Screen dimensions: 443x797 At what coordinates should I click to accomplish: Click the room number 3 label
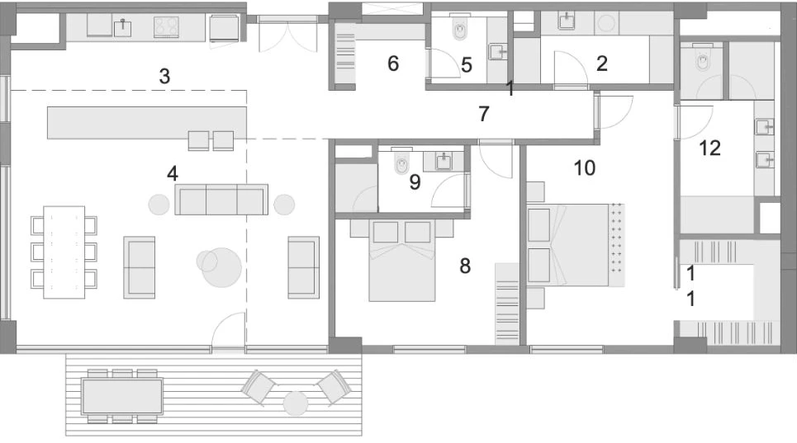tap(164, 78)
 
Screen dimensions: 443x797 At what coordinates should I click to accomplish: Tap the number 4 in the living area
tap(172, 173)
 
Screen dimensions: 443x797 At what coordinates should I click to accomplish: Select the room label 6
tap(393, 64)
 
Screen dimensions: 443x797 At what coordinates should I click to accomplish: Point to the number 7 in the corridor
tap(485, 114)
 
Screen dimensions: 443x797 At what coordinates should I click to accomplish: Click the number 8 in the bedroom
tap(465, 266)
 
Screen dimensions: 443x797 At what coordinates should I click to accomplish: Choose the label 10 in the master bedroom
tap(584, 168)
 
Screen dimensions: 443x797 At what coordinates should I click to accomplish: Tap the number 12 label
tap(709, 148)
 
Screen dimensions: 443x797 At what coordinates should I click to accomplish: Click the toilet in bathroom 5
tap(460, 32)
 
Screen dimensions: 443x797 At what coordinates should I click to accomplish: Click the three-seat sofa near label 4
tap(221, 200)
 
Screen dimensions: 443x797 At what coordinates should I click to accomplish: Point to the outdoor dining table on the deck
tap(122, 395)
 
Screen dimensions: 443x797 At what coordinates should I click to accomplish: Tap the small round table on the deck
tap(295, 403)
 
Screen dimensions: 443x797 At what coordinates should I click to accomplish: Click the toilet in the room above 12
tap(704, 60)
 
